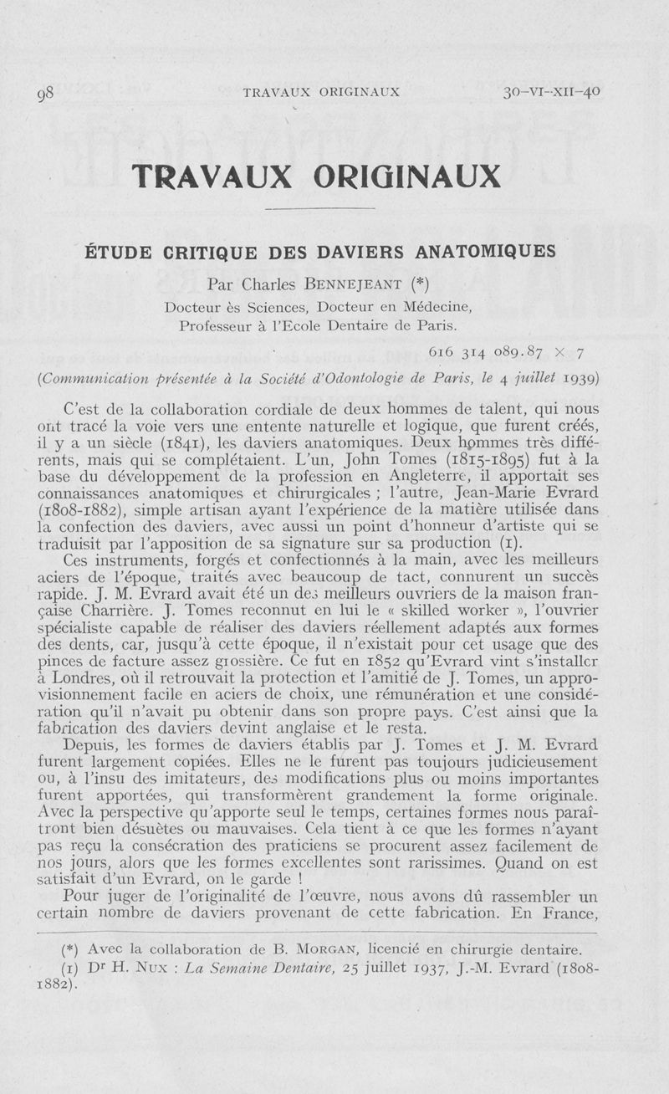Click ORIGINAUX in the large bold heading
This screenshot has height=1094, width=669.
[x=406, y=176]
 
